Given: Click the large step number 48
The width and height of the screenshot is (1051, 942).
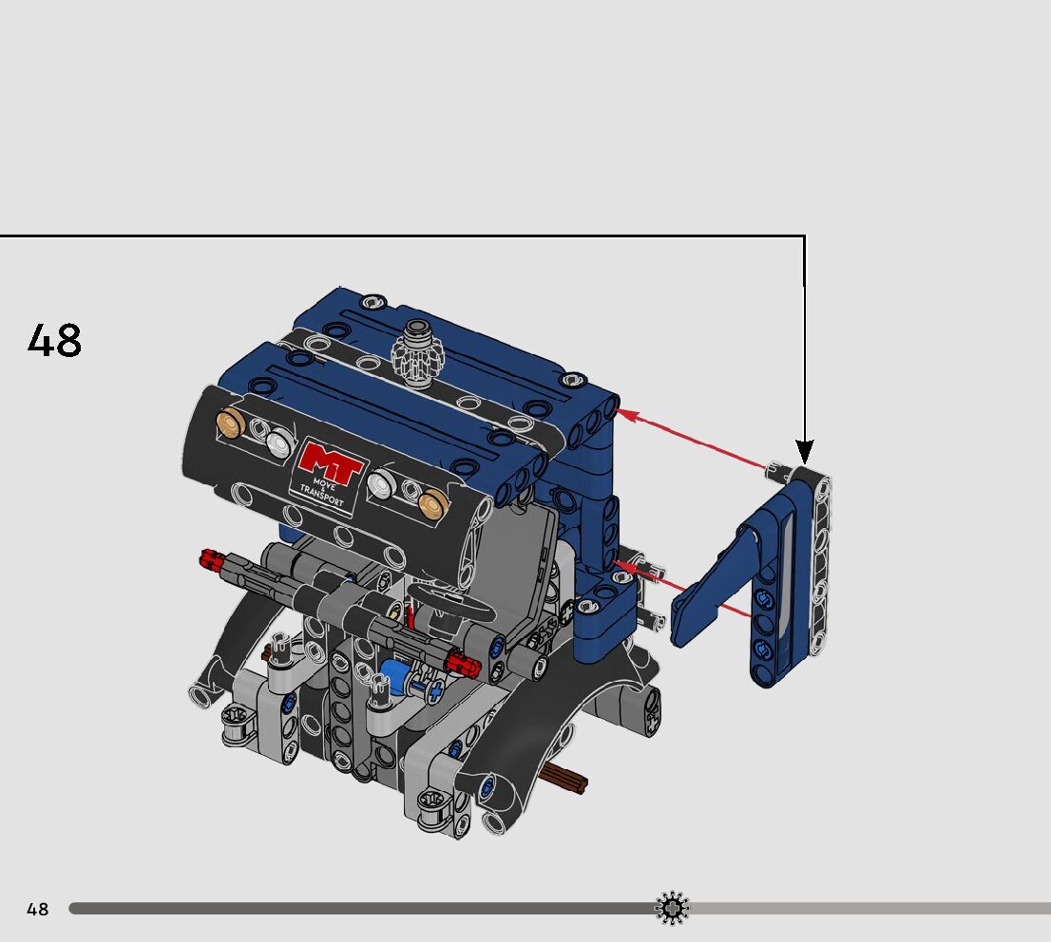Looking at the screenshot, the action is click(x=54, y=340).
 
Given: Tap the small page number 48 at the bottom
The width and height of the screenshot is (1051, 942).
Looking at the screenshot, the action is click(x=38, y=909).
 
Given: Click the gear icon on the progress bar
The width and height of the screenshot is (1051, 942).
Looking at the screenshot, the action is click(x=672, y=909).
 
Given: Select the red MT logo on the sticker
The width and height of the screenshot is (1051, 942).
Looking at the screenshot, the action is click(x=330, y=463).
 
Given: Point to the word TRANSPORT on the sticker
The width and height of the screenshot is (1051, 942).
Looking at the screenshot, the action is click(x=321, y=496).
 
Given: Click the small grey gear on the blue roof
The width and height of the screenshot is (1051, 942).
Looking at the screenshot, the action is click(x=418, y=357).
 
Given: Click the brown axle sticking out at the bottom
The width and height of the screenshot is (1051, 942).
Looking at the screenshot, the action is click(x=564, y=777).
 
